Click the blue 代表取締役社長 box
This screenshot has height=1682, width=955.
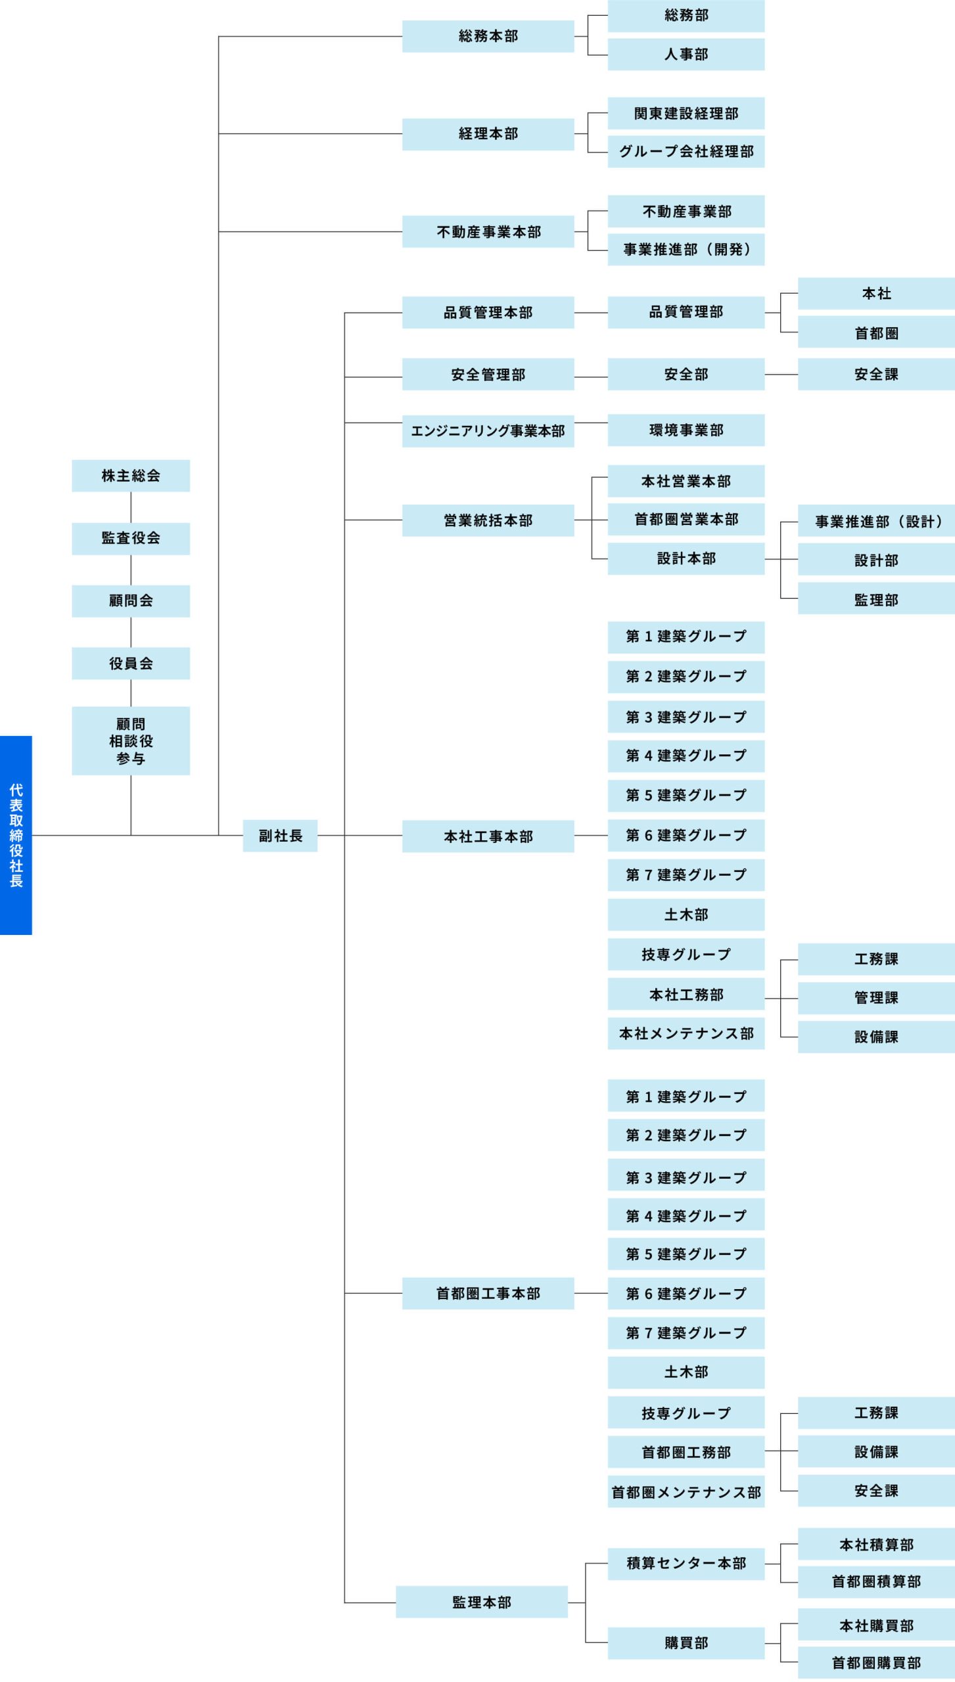coord(16,834)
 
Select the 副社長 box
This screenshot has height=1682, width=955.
coord(280,836)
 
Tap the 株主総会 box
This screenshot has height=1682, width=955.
coord(131,476)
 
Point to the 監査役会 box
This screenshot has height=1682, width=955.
coord(131,538)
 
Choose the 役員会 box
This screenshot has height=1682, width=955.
coord(131,664)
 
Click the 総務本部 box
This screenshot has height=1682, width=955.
coord(488,36)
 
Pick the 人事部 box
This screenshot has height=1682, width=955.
coord(686,55)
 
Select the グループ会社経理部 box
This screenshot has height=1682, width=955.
coord(686,152)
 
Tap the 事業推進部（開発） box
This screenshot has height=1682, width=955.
coord(686,250)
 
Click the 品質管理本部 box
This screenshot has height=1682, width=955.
coord(488,313)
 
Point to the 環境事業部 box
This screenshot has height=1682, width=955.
coord(686,430)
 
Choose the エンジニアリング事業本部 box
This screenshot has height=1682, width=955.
coord(488,431)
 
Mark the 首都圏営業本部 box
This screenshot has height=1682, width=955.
coord(686,520)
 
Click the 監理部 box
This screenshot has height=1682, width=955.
coord(875,600)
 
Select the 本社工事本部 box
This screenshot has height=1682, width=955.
coord(488,836)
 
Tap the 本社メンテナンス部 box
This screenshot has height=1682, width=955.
coord(686,1034)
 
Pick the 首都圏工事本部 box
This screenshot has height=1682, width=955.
coord(488,1294)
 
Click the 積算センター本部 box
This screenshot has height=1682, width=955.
coord(686,1563)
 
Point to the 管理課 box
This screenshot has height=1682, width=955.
coord(875,998)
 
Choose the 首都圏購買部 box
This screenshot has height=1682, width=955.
coord(875,1663)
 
